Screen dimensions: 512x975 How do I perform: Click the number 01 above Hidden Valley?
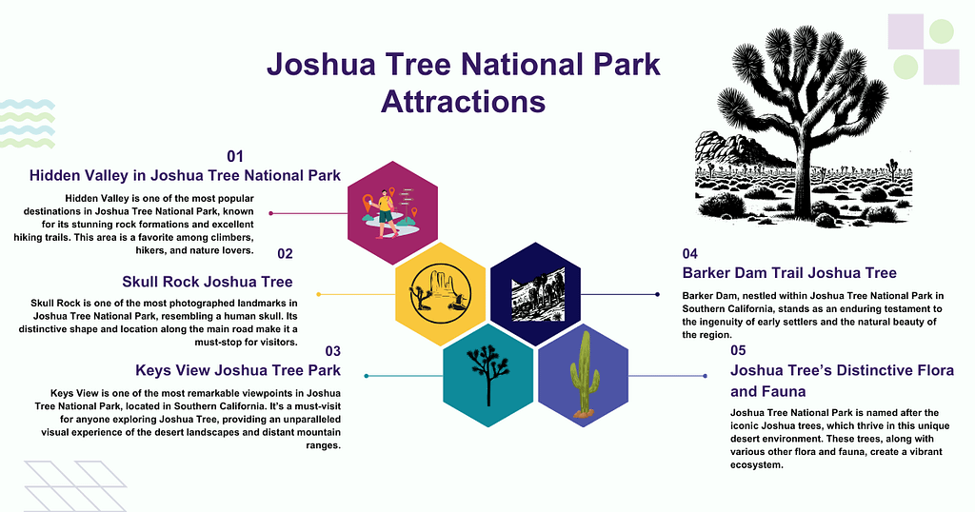235,155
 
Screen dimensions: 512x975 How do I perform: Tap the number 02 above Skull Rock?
286,253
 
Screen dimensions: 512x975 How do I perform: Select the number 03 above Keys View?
333,350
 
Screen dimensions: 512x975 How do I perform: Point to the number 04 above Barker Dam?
690,253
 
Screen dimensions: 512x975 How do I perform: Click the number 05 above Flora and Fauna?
738,350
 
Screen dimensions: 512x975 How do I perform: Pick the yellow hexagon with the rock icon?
440,294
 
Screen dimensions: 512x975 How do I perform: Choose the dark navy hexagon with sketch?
535,294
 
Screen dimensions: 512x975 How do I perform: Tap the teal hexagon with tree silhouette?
487,375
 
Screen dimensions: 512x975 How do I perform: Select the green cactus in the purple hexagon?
583,374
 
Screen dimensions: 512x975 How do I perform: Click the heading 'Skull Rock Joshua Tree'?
207,281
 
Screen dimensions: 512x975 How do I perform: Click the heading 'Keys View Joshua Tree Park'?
238,370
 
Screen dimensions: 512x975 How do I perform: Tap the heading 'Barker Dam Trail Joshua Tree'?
789,273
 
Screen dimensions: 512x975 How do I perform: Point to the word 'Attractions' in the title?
463,101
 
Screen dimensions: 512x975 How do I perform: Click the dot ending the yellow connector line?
317,294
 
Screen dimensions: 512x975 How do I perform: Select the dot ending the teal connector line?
367,376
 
